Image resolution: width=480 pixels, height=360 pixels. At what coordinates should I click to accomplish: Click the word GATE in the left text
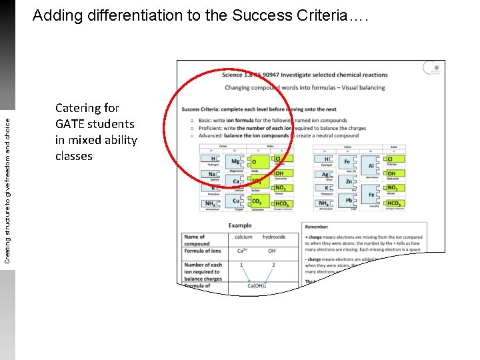(x=71, y=124)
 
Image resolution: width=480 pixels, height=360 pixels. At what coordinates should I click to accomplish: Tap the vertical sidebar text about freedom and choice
(x=7, y=181)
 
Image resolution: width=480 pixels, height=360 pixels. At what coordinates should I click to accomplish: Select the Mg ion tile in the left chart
(x=235, y=161)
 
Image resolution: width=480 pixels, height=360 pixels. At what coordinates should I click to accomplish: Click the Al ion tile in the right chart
(x=371, y=166)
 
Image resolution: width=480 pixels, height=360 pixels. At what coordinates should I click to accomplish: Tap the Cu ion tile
(x=235, y=201)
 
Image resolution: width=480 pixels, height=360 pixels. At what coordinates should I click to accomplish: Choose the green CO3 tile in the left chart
(x=257, y=201)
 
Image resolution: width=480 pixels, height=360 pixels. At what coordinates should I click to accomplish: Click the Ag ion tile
(x=325, y=175)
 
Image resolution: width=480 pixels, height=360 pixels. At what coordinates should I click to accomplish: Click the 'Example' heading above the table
(x=240, y=226)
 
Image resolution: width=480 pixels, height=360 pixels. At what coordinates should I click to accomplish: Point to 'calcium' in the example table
(x=243, y=237)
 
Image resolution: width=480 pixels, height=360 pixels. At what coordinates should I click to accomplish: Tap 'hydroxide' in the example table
(x=273, y=237)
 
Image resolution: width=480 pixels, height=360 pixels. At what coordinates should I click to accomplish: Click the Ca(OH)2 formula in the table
(x=257, y=286)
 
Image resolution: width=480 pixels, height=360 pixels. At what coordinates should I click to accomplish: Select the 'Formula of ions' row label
(x=203, y=251)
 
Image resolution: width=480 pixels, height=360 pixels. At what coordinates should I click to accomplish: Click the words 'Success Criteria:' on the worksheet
(x=201, y=109)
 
